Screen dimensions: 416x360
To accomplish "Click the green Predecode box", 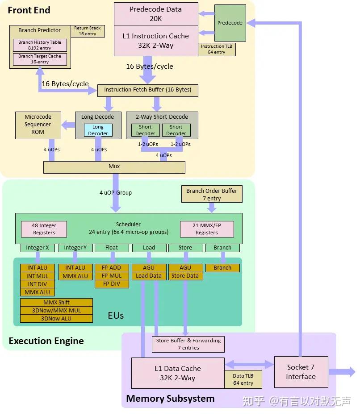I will point(230,23).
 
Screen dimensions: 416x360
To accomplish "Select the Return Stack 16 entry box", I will point(88,31).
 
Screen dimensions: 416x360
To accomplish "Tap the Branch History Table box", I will point(40,45).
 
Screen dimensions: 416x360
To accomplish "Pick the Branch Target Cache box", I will point(40,59).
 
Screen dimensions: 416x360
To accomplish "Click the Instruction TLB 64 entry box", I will point(216,49).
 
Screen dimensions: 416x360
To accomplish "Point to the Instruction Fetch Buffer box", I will point(147,90).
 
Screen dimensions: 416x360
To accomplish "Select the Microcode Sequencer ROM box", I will point(38,124).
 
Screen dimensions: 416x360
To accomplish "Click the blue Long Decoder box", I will point(98,130).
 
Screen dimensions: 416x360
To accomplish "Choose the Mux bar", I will point(114,167).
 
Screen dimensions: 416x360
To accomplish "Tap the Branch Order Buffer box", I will point(212,194).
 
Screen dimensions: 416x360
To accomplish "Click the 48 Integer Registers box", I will point(44,229).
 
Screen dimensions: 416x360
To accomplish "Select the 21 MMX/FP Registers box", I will point(207,229).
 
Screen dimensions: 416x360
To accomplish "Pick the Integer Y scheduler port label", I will point(75,248).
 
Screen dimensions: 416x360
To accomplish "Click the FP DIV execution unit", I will point(112,284).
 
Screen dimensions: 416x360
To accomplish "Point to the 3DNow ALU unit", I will point(57,319).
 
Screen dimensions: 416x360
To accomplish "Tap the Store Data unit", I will point(185,276).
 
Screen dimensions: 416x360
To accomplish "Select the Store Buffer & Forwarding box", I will point(188,344).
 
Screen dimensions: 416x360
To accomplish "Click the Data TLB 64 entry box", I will point(243,379).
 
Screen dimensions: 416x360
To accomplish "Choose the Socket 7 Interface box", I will point(301,372).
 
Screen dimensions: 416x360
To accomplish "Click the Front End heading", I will point(29,10).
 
